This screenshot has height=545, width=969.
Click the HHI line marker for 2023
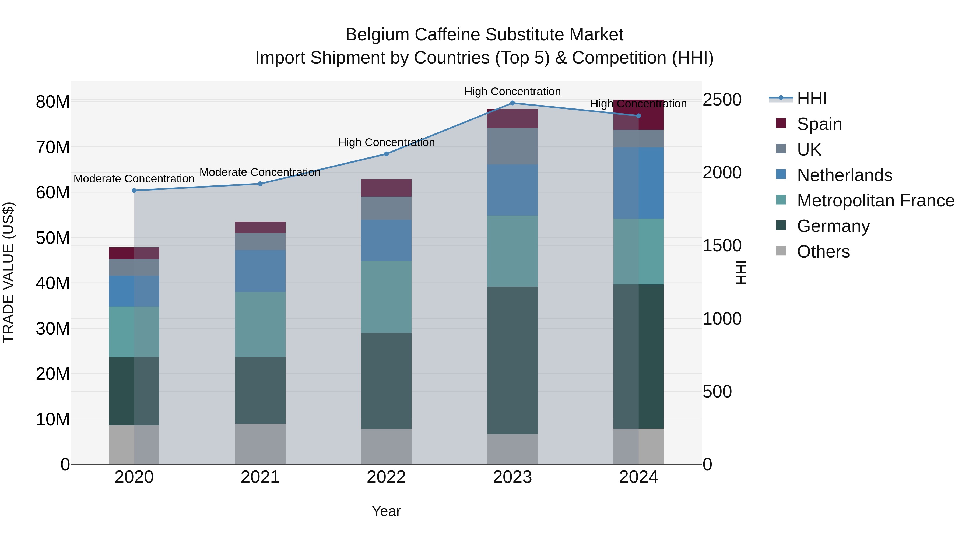click(x=512, y=103)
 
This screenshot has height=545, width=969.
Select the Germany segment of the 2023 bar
click(x=512, y=360)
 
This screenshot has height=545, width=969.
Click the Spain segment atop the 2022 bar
click(x=386, y=188)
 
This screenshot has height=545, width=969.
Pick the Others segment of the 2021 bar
click(x=260, y=444)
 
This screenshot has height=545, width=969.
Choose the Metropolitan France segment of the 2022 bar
click(x=386, y=297)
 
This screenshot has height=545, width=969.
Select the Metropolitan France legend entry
click(x=875, y=201)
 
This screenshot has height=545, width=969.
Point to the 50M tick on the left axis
click(x=53, y=238)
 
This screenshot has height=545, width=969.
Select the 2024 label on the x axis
click(x=638, y=477)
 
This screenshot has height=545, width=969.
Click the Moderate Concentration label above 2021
click(x=260, y=172)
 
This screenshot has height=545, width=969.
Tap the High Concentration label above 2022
click(x=386, y=143)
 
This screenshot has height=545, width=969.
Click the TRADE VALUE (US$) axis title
click(x=8, y=272)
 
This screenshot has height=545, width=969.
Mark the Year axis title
click(x=386, y=511)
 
